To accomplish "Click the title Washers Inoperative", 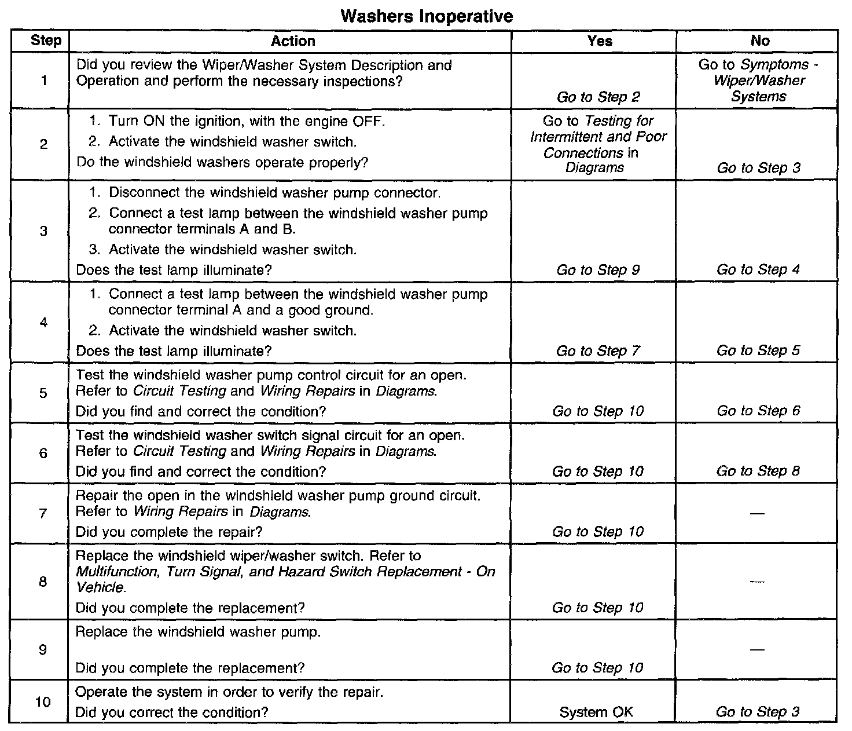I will pos(427,16).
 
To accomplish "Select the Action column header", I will pos(293,41).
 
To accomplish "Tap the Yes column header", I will pos(600,41).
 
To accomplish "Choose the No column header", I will pos(760,41).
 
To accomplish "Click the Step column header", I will pos(46,41).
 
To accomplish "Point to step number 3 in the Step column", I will pos(43,231).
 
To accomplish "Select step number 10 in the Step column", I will pos(43,702).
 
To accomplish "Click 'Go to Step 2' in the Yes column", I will pos(598,97).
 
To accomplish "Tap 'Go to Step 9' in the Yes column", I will pos(598,270).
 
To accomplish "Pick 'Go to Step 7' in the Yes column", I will pos(598,351).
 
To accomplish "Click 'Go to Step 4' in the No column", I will pos(758,270).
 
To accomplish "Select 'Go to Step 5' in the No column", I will pos(758,351).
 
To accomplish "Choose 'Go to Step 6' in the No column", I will pos(758,411).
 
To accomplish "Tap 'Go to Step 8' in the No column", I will pos(758,472).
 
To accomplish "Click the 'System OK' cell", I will pos(596,712).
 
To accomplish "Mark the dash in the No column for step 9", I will pos(756,650).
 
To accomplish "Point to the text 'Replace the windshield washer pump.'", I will pos(199,632).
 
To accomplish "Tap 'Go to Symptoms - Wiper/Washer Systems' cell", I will pos(759,81).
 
